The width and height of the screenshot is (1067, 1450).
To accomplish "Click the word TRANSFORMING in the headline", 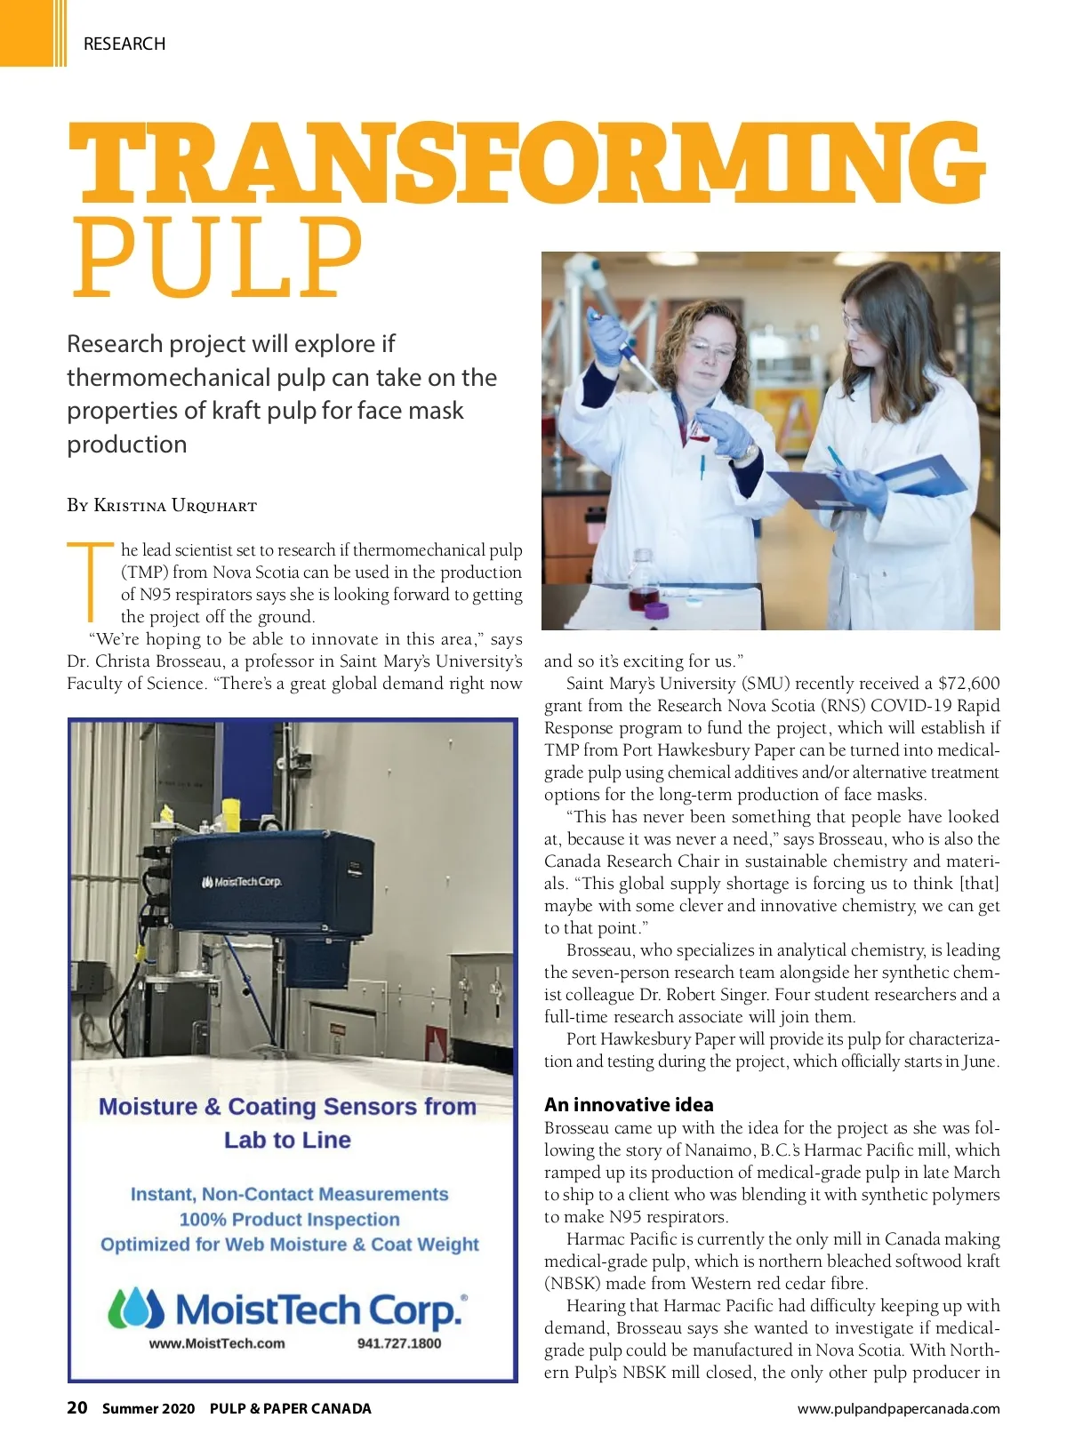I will pos(526,165).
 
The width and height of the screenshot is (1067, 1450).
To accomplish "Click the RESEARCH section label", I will pos(124,44).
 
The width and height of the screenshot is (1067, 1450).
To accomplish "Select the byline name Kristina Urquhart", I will pos(175,506).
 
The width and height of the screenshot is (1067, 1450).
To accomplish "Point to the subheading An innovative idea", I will pos(629,1104).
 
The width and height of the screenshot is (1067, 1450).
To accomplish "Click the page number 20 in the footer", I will pos(77,1407).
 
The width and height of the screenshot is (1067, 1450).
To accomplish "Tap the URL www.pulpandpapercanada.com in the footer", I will pos(898,1408).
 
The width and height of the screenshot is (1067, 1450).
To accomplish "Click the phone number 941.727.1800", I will pos(399,1343).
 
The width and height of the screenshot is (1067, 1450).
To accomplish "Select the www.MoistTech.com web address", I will pos(217,1343).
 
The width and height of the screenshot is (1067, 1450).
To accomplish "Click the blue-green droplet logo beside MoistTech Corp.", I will pos(136,1309).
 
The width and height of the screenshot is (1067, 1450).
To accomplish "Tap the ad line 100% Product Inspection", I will pos(289,1220).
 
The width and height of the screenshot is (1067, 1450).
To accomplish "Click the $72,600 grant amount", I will pos(968,683).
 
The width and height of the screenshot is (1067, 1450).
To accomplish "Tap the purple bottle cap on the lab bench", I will pos(656,610).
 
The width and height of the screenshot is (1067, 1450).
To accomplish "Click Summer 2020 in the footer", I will pos(148,1408).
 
